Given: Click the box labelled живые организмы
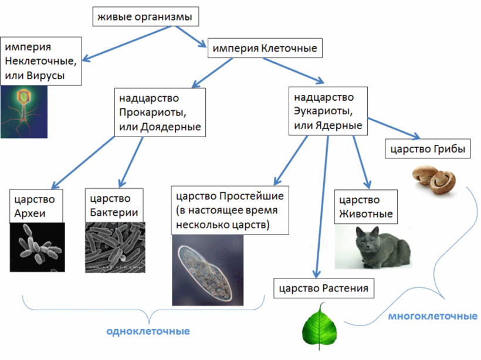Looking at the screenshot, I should click(x=145, y=18).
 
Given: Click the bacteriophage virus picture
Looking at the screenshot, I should click(x=23, y=111).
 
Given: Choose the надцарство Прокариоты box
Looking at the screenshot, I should click(x=160, y=112).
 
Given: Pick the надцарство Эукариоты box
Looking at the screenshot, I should click(x=328, y=110).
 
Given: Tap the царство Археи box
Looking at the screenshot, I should click(x=36, y=205).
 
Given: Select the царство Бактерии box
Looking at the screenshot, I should click(x=114, y=205).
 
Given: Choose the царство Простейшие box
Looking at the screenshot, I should click(x=229, y=210).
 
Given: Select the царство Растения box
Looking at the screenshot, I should click(x=324, y=288).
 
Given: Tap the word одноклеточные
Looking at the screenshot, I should click(x=148, y=331).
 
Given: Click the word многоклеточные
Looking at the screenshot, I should click(x=433, y=317).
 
